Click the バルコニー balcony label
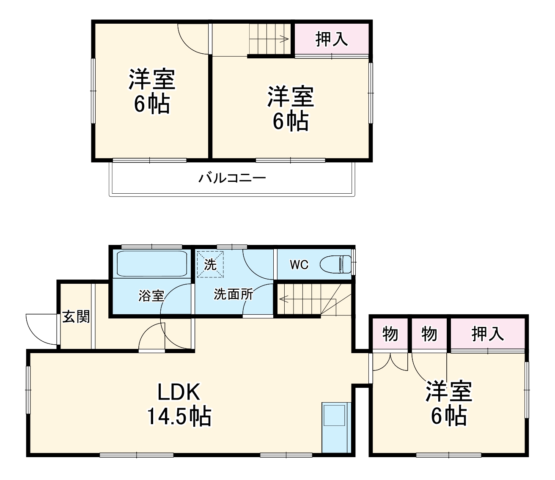tap(232, 178)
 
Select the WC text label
tap(299, 265)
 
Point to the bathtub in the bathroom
tap(152, 264)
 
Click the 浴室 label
tap(151, 295)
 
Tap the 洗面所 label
tap(233, 294)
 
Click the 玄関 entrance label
tap(77, 316)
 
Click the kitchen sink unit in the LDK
tap(336, 427)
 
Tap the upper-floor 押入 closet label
tap(332, 39)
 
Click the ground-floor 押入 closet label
tap(488, 334)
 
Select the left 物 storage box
tap(390, 334)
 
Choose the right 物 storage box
tap(429, 334)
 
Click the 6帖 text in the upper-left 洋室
tap(152, 104)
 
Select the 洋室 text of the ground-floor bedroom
tap(448, 391)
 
